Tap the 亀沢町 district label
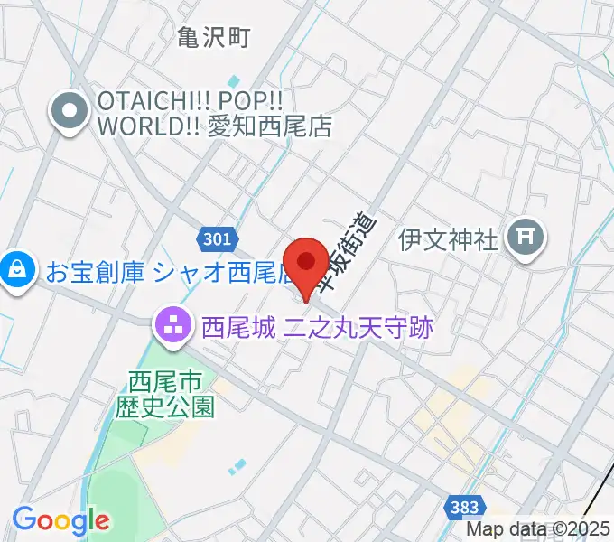point(213,37)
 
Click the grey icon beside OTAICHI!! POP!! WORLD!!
point(70,113)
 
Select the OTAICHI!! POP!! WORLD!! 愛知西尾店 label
point(213,113)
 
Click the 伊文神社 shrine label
point(449,239)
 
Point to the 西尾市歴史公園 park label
point(165,393)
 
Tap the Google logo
point(60,519)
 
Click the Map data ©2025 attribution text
point(538,530)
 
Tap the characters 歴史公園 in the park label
point(165,406)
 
